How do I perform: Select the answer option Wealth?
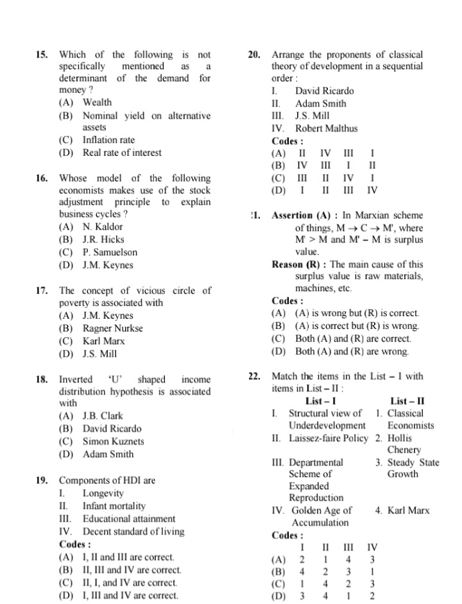point(97,103)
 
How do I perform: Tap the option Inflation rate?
point(108,140)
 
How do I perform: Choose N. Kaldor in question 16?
point(103,227)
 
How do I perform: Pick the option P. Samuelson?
point(110,253)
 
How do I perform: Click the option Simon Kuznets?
point(114,442)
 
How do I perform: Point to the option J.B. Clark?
point(103,416)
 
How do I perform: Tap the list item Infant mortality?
point(114,506)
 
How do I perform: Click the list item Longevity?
point(103,493)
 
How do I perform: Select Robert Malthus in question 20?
point(326,129)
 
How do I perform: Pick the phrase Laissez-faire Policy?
point(329,439)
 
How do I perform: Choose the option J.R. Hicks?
point(103,240)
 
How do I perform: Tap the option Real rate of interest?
point(122,153)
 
